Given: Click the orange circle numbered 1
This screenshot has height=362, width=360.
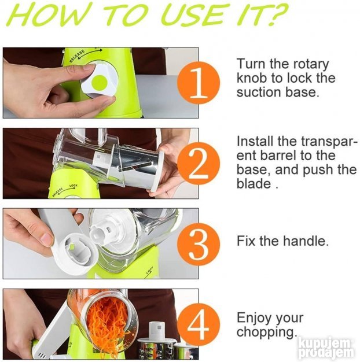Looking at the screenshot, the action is tap(199, 83).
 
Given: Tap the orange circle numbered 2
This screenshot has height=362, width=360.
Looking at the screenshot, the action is tap(199, 164).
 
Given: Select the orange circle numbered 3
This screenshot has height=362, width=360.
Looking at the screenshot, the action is tap(199, 244).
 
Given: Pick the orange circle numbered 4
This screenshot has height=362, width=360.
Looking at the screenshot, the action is tap(199, 325).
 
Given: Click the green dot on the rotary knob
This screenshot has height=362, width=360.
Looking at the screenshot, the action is tap(100, 83).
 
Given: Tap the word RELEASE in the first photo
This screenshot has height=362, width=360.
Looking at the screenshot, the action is tap(77, 56).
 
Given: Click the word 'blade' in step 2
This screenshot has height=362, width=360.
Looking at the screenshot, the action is tap(254, 184).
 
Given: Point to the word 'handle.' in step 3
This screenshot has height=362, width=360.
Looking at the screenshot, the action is tap(306, 241).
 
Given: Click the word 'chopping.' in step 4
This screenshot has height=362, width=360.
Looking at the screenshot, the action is tap(267, 333).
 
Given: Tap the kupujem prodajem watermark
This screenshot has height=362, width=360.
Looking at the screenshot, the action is tap(326, 348).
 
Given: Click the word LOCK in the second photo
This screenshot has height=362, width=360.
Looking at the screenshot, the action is tap(74, 186).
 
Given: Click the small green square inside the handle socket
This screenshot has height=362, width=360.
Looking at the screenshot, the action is tap(72, 248).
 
